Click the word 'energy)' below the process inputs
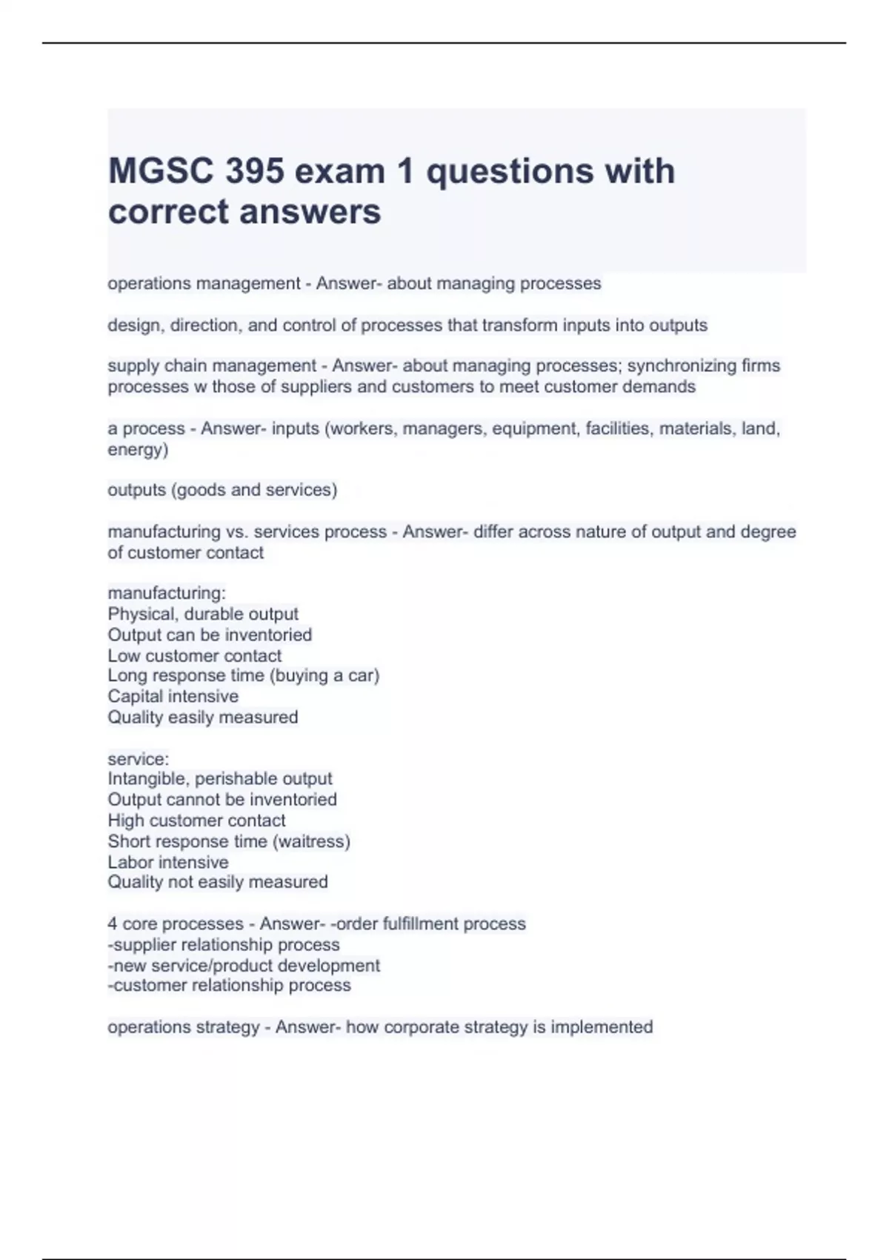[138, 449]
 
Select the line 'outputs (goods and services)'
[222, 490]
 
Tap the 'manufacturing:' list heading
[167, 593]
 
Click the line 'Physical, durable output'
[203, 614]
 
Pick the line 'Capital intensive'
[173, 696]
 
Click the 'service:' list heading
[139, 759]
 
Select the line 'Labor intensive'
[168, 862]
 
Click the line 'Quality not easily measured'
[218, 882]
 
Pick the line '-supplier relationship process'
[224, 944]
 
